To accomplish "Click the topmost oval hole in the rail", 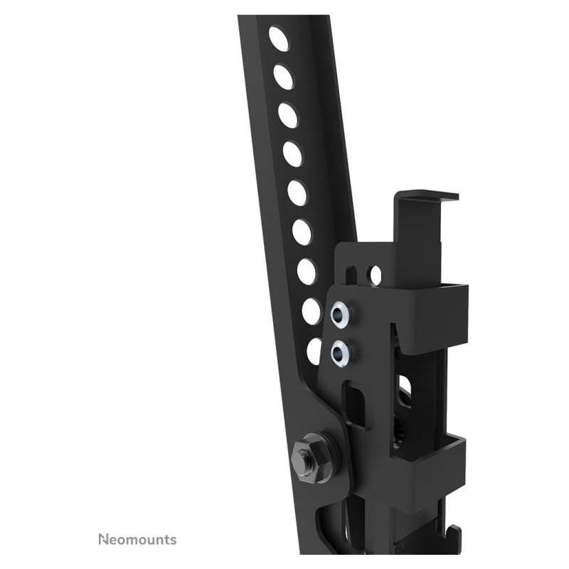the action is (x=279, y=38).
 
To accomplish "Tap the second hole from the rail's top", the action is (x=284, y=77).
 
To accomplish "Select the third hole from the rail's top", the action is (x=289, y=116).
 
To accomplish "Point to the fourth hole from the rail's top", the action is (x=294, y=154).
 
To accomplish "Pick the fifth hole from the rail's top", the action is (x=298, y=193).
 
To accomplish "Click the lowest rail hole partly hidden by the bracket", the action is (x=314, y=351).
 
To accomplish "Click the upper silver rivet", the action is (x=341, y=313).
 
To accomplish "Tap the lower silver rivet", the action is (x=341, y=351).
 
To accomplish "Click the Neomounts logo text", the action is (x=137, y=539).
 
